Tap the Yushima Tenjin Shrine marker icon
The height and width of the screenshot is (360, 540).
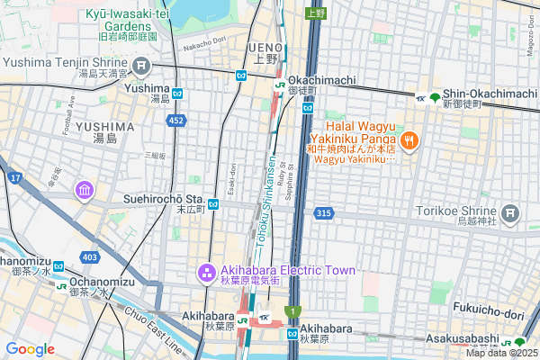tap(141, 64)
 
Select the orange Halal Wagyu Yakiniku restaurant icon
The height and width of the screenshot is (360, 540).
tap(409, 139)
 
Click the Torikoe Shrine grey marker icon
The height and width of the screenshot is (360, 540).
tap(511, 213)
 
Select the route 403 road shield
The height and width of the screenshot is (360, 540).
tap(89, 257)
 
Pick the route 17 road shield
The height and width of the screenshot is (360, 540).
tap(15, 178)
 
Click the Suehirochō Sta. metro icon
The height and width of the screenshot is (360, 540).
tap(214, 204)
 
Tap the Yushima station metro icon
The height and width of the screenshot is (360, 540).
tap(178, 93)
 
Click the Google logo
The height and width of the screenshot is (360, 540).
tap(30, 349)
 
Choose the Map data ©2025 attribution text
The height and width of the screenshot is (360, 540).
tap(499, 353)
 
